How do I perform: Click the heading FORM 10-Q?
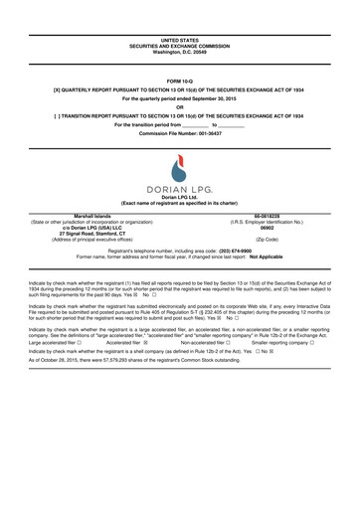click(180, 80)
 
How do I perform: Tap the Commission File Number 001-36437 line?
click(180, 134)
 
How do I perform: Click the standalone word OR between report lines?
click(180, 105)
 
